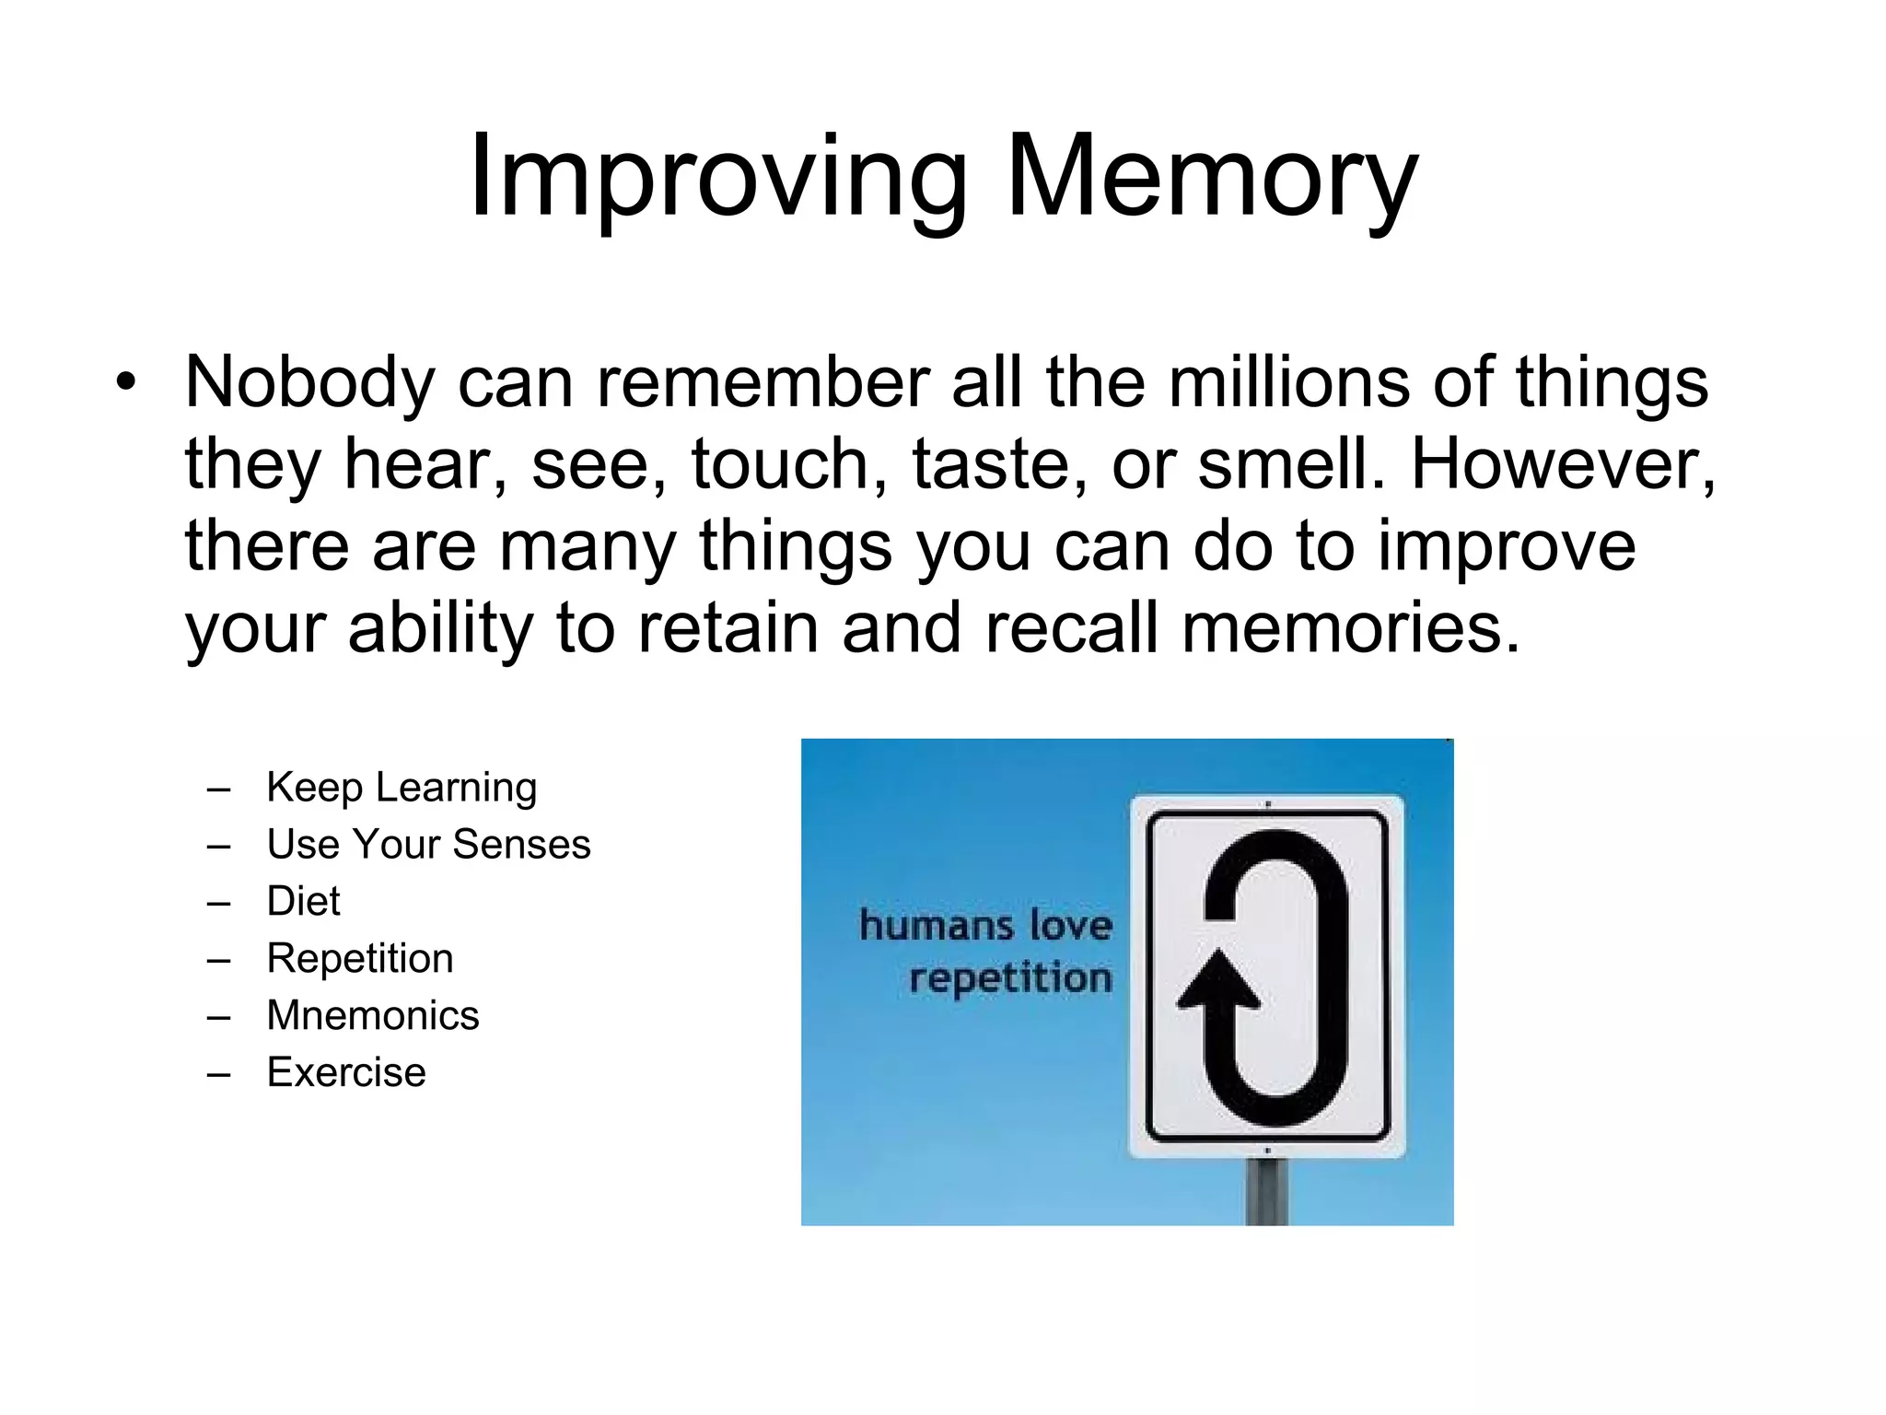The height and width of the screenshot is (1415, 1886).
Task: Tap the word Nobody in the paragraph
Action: [309, 382]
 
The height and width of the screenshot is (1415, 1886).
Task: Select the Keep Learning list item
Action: [402, 788]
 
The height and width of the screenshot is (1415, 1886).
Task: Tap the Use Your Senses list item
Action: [428, 845]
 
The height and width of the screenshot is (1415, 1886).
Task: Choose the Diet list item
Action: [303, 901]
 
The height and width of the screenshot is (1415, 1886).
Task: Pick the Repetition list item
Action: [360, 959]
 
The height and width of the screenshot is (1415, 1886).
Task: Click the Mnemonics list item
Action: [373, 1016]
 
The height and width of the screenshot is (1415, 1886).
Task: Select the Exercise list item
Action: [346, 1073]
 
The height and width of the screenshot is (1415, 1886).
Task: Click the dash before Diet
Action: [218, 904]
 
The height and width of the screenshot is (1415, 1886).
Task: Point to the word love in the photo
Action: [1071, 925]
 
